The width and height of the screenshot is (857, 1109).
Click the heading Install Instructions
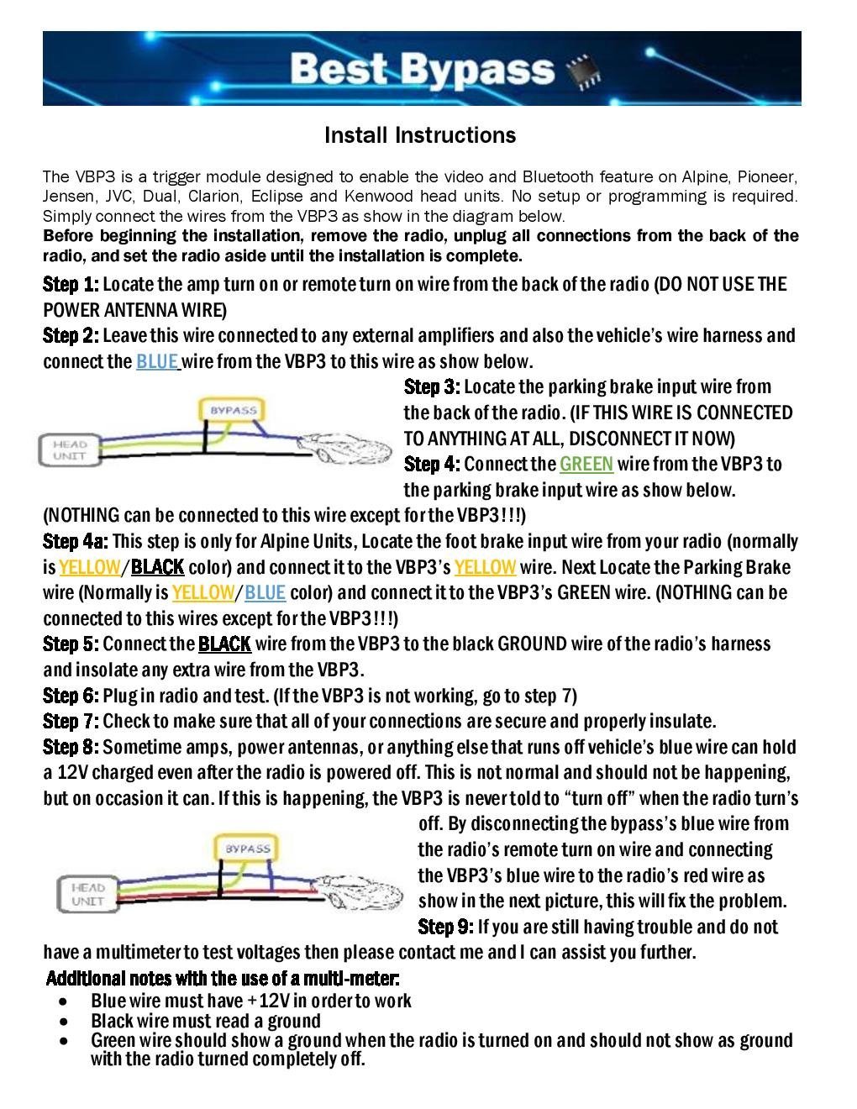(x=420, y=135)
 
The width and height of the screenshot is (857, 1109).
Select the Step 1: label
(x=71, y=284)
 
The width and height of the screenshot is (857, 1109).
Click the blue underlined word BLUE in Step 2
(x=156, y=362)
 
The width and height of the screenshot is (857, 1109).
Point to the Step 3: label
(x=432, y=387)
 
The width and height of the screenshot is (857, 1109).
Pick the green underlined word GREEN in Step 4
(x=586, y=465)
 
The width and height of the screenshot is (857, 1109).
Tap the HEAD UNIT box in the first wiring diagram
(x=70, y=450)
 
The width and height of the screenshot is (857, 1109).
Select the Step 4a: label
(x=76, y=542)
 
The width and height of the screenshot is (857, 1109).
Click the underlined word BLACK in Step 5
(x=224, y=644)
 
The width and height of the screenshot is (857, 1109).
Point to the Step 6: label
(x=71, y=696)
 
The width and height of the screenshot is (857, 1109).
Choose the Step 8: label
(x=71, y=747)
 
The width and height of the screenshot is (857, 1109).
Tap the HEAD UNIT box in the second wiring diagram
(x=87, y=894)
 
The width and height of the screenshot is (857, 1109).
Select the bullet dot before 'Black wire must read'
(x=66, y=1022)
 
